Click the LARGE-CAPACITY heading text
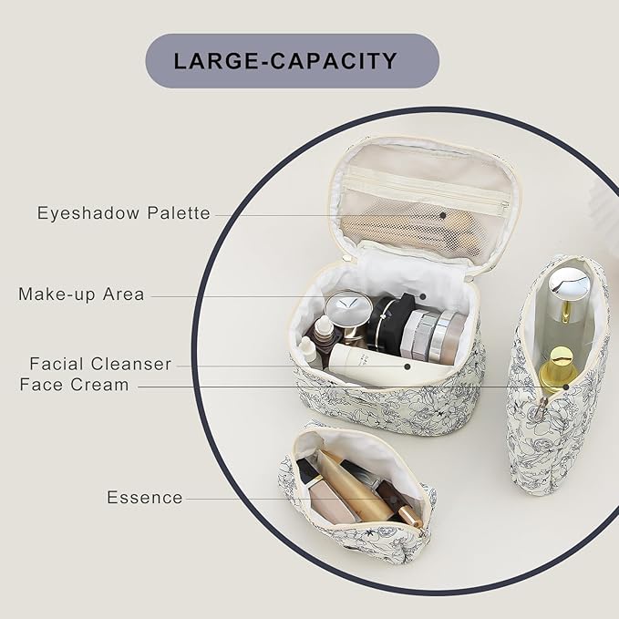(285, 61)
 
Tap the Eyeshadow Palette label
(124, 213)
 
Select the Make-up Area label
(82, 294)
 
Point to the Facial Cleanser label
(100, 364)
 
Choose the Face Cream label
(74, 385)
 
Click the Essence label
(145, 498)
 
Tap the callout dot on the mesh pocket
(443, 215)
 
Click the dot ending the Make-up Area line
(423, 296)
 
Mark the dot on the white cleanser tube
(408, 366)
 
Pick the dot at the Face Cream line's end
(566, 387)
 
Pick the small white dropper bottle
(307, 349)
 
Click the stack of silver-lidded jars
(433, 335)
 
